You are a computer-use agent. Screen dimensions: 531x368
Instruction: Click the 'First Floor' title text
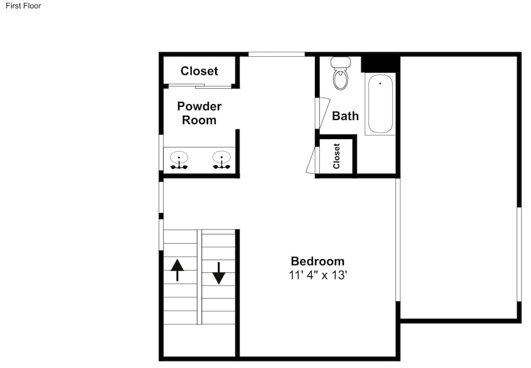[x=23, y=6]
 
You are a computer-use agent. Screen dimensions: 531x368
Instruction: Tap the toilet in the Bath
[x=340, y=73]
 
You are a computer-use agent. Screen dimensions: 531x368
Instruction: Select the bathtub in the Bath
[x=380, y=104]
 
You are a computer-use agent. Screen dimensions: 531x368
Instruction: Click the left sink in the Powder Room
[x=179, y=160]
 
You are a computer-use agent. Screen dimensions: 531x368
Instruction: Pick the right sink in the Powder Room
[x=221, y=160]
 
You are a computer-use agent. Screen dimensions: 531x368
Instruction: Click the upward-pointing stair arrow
[x=177, y=270]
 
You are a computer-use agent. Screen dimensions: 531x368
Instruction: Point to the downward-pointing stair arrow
[x=219, y=273]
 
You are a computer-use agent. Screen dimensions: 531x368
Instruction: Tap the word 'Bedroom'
[x=318, y=261]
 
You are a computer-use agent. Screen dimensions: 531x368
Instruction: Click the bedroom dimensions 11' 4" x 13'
[x=318, y=275]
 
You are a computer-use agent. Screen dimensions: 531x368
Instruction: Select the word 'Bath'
[x=345, y=116]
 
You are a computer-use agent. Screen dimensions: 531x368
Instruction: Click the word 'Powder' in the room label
[x=199, y=106]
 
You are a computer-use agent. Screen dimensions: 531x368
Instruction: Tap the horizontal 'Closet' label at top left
[x=199, y=71]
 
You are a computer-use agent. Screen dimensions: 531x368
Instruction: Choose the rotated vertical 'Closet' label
[x=336, y=156]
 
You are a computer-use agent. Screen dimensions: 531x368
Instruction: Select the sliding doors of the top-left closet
[x=200, y=86]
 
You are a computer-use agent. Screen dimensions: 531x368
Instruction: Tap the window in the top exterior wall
[x=277, y=54]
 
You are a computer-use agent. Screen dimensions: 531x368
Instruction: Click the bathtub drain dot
[x=380, y=83]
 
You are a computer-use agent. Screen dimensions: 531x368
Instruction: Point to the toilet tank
[x=340, y=62]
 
